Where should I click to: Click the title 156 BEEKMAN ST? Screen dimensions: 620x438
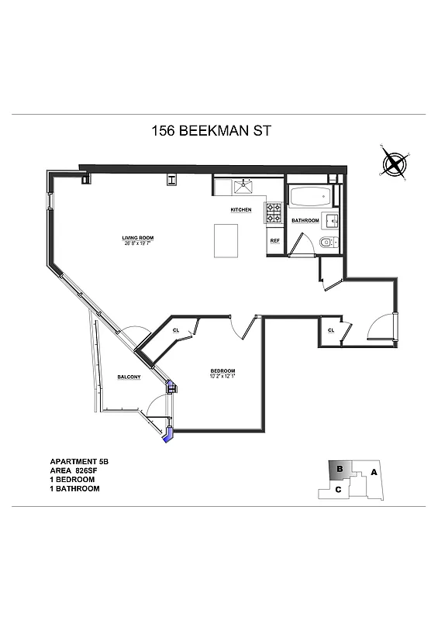pos(211,132)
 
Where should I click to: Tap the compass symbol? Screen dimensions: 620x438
pos(395,164)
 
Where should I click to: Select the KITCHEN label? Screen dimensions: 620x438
pos(240,210)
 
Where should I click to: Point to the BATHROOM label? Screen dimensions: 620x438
pos(305,221)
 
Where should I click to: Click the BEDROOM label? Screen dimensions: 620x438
pos(222,372)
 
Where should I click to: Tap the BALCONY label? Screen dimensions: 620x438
pos(129,377)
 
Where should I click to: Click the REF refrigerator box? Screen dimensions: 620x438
pos(274,241)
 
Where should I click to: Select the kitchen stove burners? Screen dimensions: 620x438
pos(274,212)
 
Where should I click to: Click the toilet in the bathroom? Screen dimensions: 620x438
pos(326,243)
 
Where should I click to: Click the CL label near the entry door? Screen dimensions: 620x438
pos(331,330)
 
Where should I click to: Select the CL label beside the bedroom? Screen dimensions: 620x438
pos(177,330)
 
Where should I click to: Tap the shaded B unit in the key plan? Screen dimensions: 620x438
pos(340,470)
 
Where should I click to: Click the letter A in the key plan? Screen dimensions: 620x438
pos(374,471)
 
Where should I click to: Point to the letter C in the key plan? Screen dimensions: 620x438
pos(338,489)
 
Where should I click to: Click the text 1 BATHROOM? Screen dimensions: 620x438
pos(75,489)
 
